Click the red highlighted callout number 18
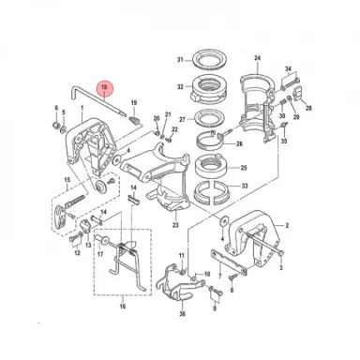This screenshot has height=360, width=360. pos(105,89)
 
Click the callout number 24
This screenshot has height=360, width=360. pos(257,56)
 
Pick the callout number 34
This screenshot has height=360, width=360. pos(289,68)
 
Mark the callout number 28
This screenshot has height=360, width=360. pos(308,108)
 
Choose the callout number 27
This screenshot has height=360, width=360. pos(182,119)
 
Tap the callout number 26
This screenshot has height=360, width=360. pos(239,144)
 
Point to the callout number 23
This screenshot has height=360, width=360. pos(174,225)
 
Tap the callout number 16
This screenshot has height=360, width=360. pos(121,306)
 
